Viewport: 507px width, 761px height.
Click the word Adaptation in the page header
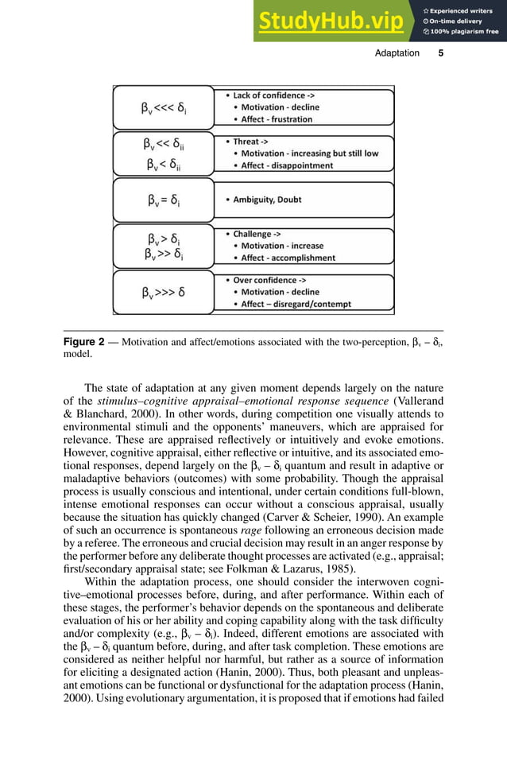[397, 53]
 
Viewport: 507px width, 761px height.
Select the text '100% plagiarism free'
[465, 32]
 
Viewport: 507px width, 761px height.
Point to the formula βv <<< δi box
[164, 107]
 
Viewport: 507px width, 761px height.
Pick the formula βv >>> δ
[164, 292]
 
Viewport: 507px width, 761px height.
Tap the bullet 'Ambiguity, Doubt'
[267, 200]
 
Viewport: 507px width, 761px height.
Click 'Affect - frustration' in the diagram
[277, 119]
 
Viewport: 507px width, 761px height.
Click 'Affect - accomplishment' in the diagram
[288, 258]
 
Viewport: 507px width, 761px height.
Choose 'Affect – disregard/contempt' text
[299, 304]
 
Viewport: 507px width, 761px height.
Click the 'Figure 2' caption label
[83, 342]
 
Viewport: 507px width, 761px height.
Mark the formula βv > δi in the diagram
[164, 238]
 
